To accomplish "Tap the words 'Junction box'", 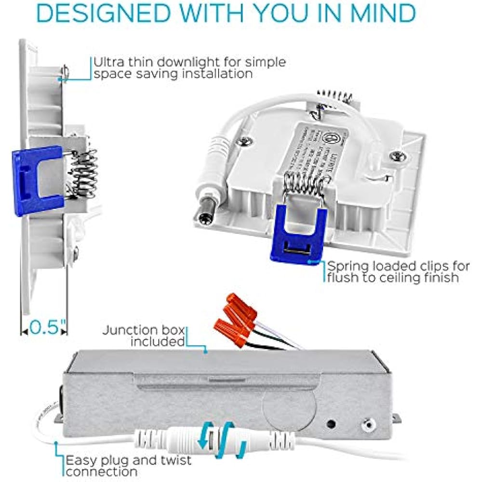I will point(143,331).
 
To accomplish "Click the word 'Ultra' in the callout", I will point(109,62).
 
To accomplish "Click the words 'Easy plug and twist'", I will point(128,460).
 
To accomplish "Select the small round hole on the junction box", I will point(331,425).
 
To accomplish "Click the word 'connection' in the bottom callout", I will point(102,472).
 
